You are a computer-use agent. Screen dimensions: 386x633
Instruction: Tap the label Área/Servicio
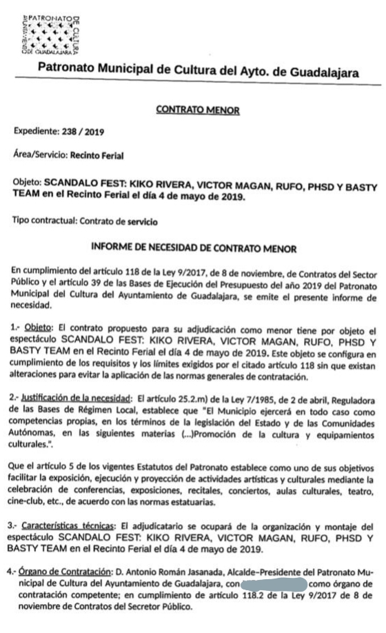pos(35,156)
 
